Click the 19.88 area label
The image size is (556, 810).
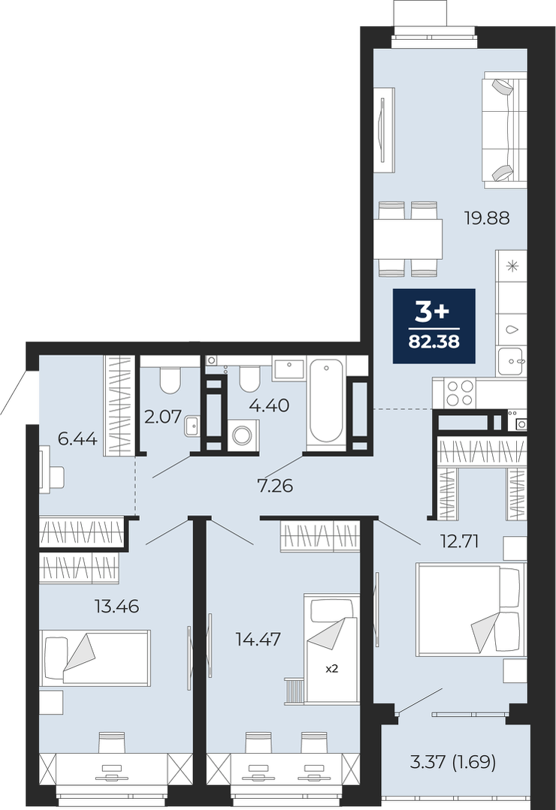pos(487,218)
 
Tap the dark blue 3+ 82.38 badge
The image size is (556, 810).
pos(434,326)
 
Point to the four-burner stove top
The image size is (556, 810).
pos(460,393)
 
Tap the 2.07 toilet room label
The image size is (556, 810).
pos(164,417)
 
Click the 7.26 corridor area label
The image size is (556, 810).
pos(276,486)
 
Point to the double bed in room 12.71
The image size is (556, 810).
pos(470,611)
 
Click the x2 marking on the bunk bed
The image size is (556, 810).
pos(331,668)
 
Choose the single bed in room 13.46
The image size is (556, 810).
pos(95,658)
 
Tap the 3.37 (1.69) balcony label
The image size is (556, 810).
pos(453,761)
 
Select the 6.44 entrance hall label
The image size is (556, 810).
pos(77,439)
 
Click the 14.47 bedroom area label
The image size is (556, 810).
pos(258,640)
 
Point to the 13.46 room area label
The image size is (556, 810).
pos(117,605)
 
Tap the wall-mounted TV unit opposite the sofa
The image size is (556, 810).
pos(383,129)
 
